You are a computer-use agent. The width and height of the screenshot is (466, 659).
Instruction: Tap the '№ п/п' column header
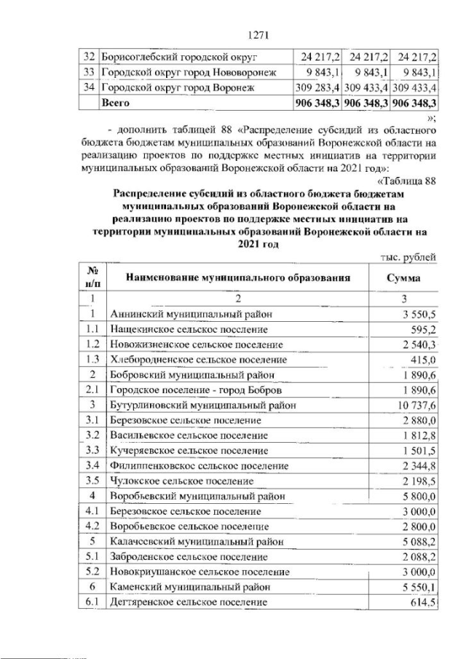point(92,277)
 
